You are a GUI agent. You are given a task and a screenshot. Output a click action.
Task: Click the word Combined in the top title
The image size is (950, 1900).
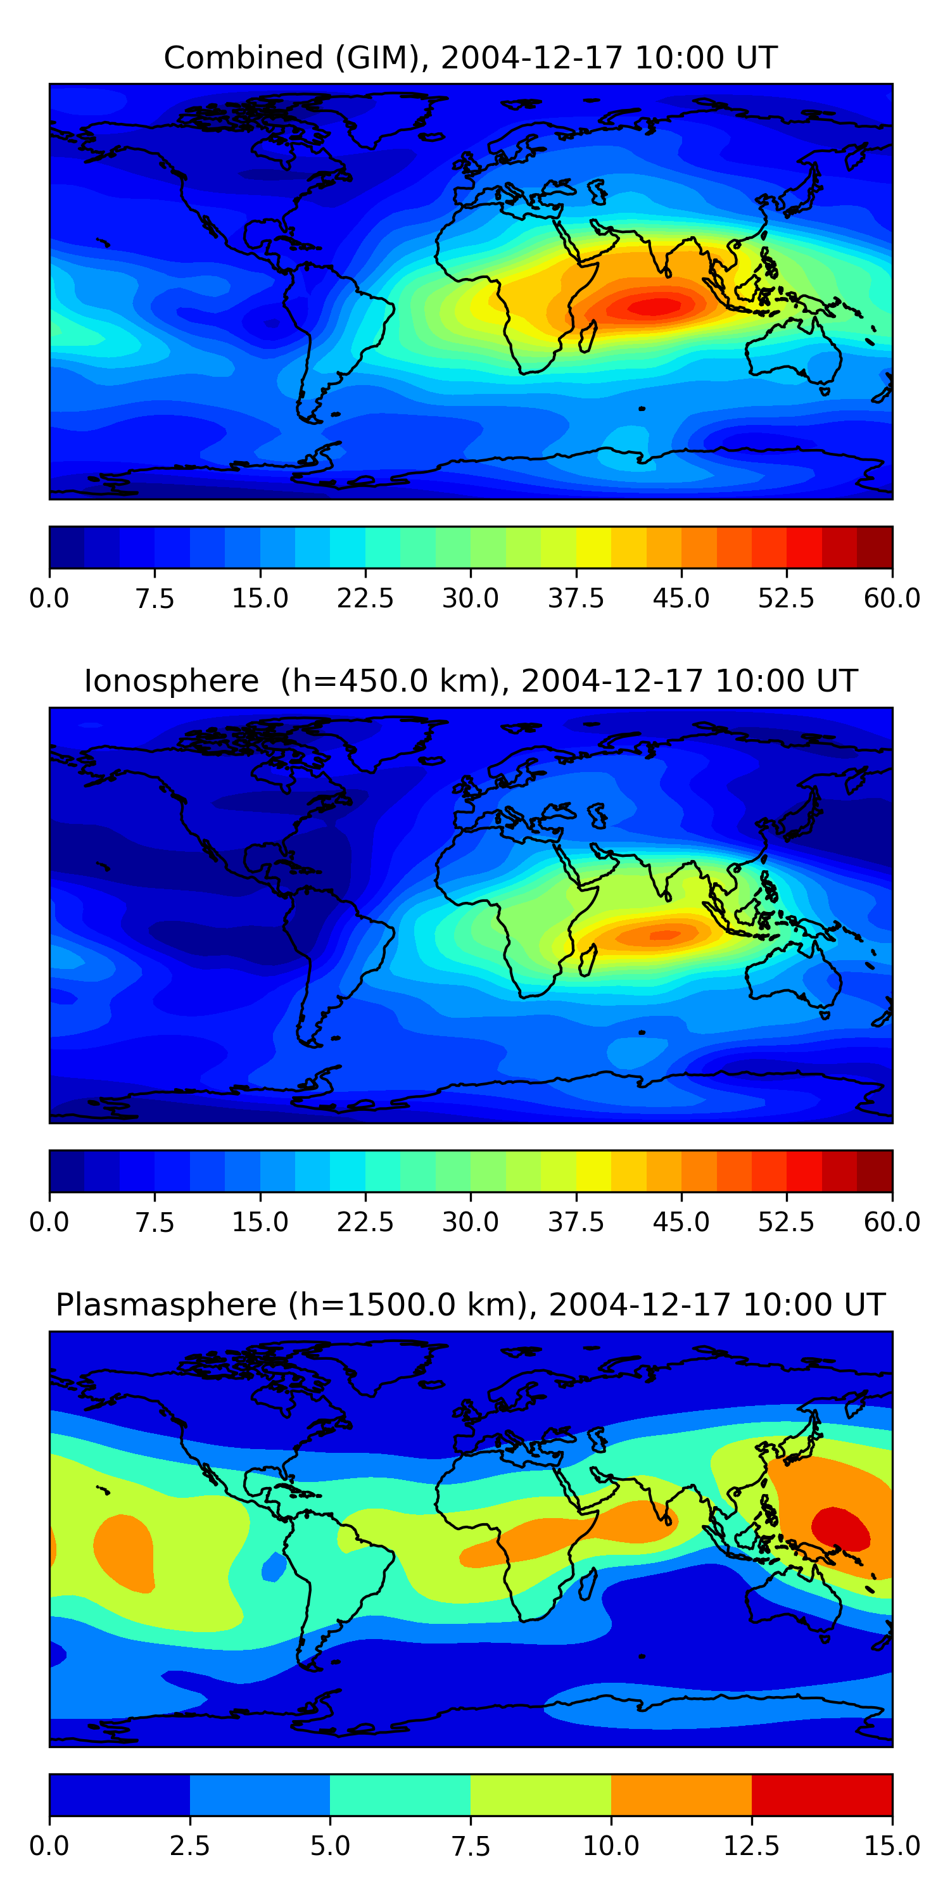[x=243, y=58]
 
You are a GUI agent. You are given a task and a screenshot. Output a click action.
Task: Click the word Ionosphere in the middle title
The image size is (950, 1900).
[x=171, y=681]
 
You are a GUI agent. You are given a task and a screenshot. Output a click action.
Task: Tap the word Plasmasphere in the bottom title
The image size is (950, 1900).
[x=166, y=1305]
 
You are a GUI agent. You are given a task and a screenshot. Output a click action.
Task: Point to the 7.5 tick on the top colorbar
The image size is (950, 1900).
[x=155, y=597]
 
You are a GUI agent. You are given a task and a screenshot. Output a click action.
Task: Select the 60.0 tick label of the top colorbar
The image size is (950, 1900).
[x=892, y=597]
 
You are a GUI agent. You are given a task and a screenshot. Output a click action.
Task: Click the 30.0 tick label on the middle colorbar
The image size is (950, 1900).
[x=471, y=1222]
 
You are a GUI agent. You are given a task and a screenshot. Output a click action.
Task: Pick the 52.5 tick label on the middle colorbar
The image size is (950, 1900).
[x=786, y=1222]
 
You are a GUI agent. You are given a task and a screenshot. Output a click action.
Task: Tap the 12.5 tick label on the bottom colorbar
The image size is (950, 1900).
[x=751, y=1846]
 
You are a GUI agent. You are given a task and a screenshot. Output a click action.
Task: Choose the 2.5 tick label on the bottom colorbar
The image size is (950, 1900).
[x=189, y=1846]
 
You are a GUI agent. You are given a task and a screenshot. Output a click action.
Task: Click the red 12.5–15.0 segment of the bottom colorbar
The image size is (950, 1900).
[x=821, y=1794]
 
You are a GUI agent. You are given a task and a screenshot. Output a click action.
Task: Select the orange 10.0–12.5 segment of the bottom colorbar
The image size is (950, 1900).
[x=681, y=1794]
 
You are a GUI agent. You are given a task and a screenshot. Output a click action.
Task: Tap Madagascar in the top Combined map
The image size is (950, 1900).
[x=588, y=337]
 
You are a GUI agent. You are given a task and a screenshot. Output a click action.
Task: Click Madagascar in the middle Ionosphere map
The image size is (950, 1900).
[x=588, y=960]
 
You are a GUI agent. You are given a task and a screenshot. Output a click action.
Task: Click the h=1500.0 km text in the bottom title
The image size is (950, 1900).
[x=402, y=1305]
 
